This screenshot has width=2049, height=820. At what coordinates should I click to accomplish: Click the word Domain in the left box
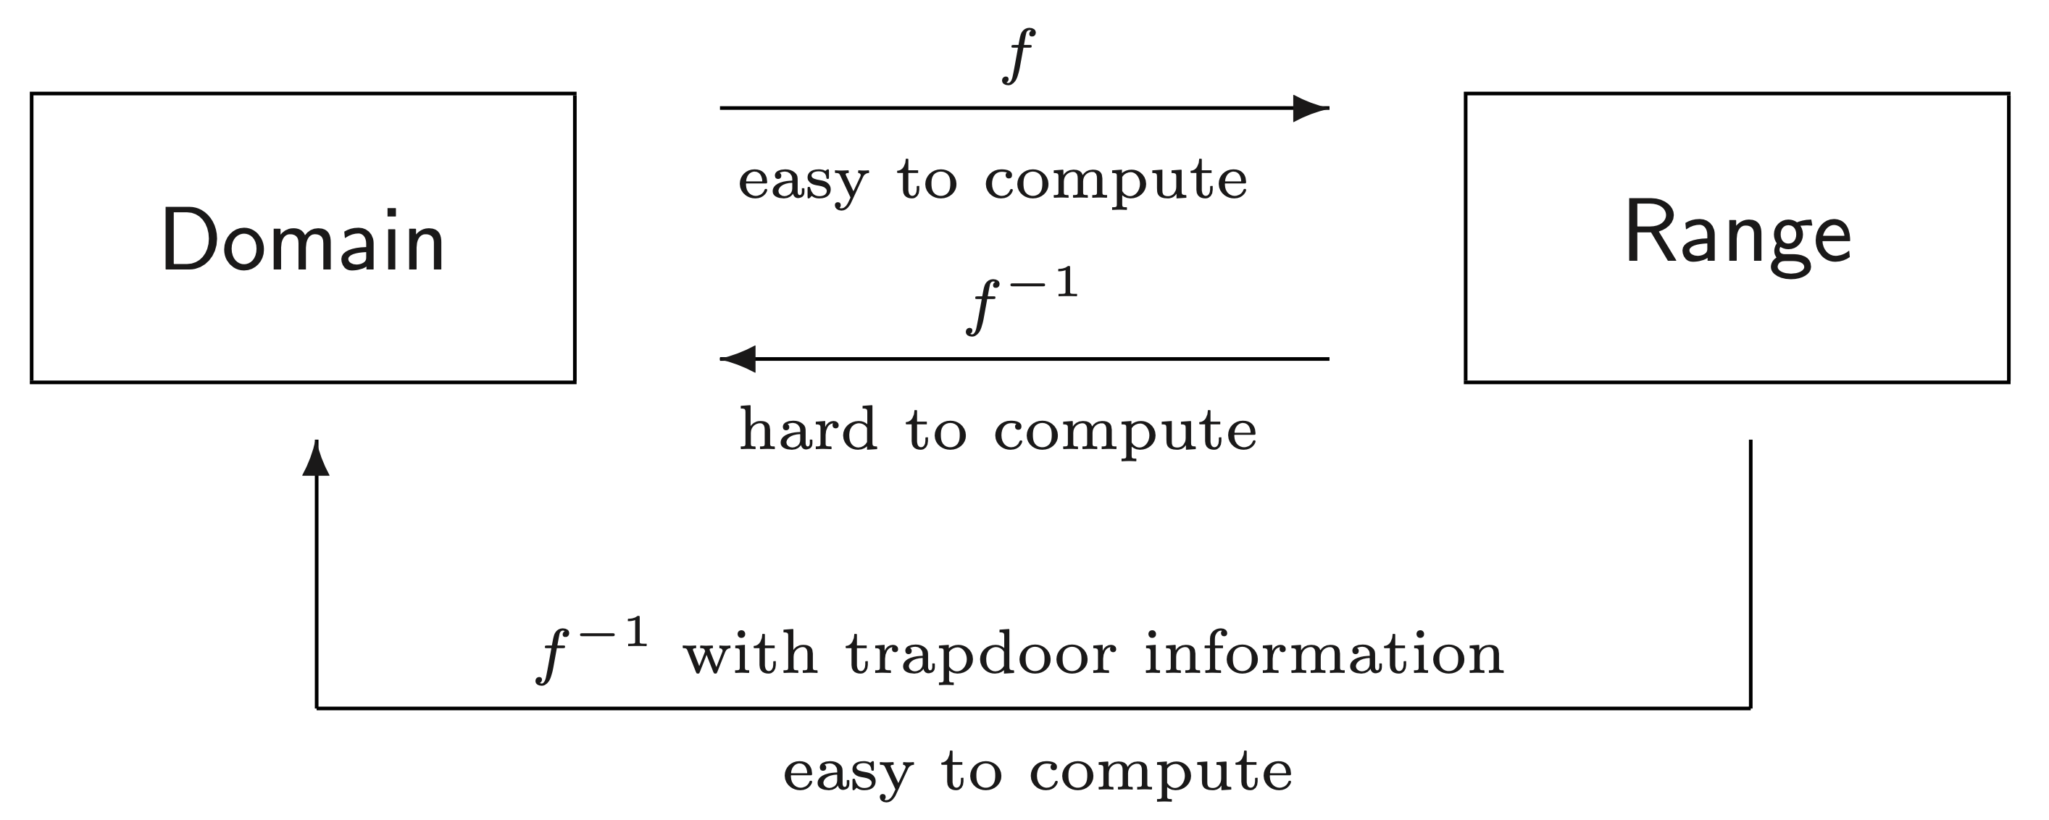tap(302, 240)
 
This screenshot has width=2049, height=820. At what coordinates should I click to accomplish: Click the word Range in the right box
tap(1738, 235)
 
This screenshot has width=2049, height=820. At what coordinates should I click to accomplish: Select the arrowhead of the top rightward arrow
tap(1309, 108)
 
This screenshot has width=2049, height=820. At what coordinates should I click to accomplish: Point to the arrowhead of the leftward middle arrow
tap(738, 359)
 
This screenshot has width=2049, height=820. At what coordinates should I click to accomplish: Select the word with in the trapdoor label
tap(750, 656)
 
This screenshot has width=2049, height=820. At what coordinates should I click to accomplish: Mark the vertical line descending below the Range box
tap(1750, 573)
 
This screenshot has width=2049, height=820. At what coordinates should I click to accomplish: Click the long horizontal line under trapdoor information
tap(1034, 708)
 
